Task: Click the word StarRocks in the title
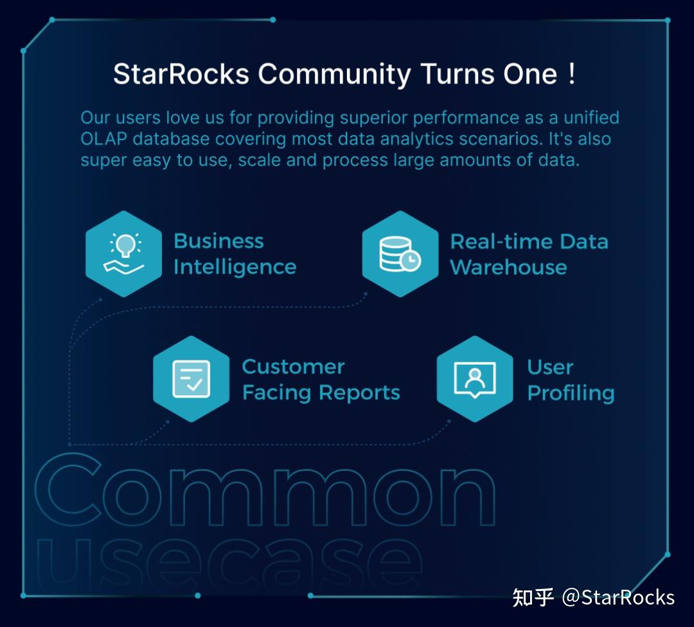[181, 75]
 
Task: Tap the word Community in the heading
[334, 75]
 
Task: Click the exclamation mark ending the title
[571, 73]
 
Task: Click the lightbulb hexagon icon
[124, 254]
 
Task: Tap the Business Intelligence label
[235, 254]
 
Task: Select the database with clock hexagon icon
[400, 254]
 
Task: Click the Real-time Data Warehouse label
[528, 254]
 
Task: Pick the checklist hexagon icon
[191, 379]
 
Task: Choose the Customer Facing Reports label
[321, 380]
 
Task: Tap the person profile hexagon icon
[475, 379]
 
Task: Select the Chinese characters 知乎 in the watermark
[533, 597]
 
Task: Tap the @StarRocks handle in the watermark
[618, 597]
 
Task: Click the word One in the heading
[530, 75]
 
